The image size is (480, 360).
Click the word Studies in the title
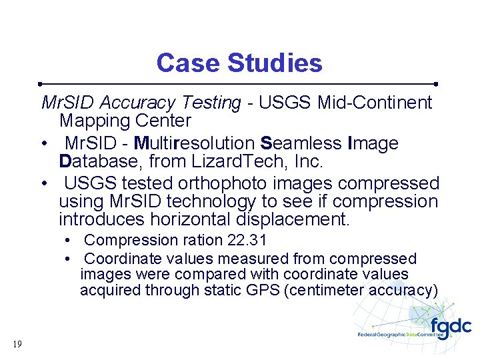tap(275, 63)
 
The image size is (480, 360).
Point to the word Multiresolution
tap(194, 143)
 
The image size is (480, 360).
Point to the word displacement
tap(303, 219)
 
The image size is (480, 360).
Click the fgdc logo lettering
tap(451, 327)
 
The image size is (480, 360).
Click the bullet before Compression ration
tap(69, 241)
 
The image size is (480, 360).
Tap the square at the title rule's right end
tap(435, 85)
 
